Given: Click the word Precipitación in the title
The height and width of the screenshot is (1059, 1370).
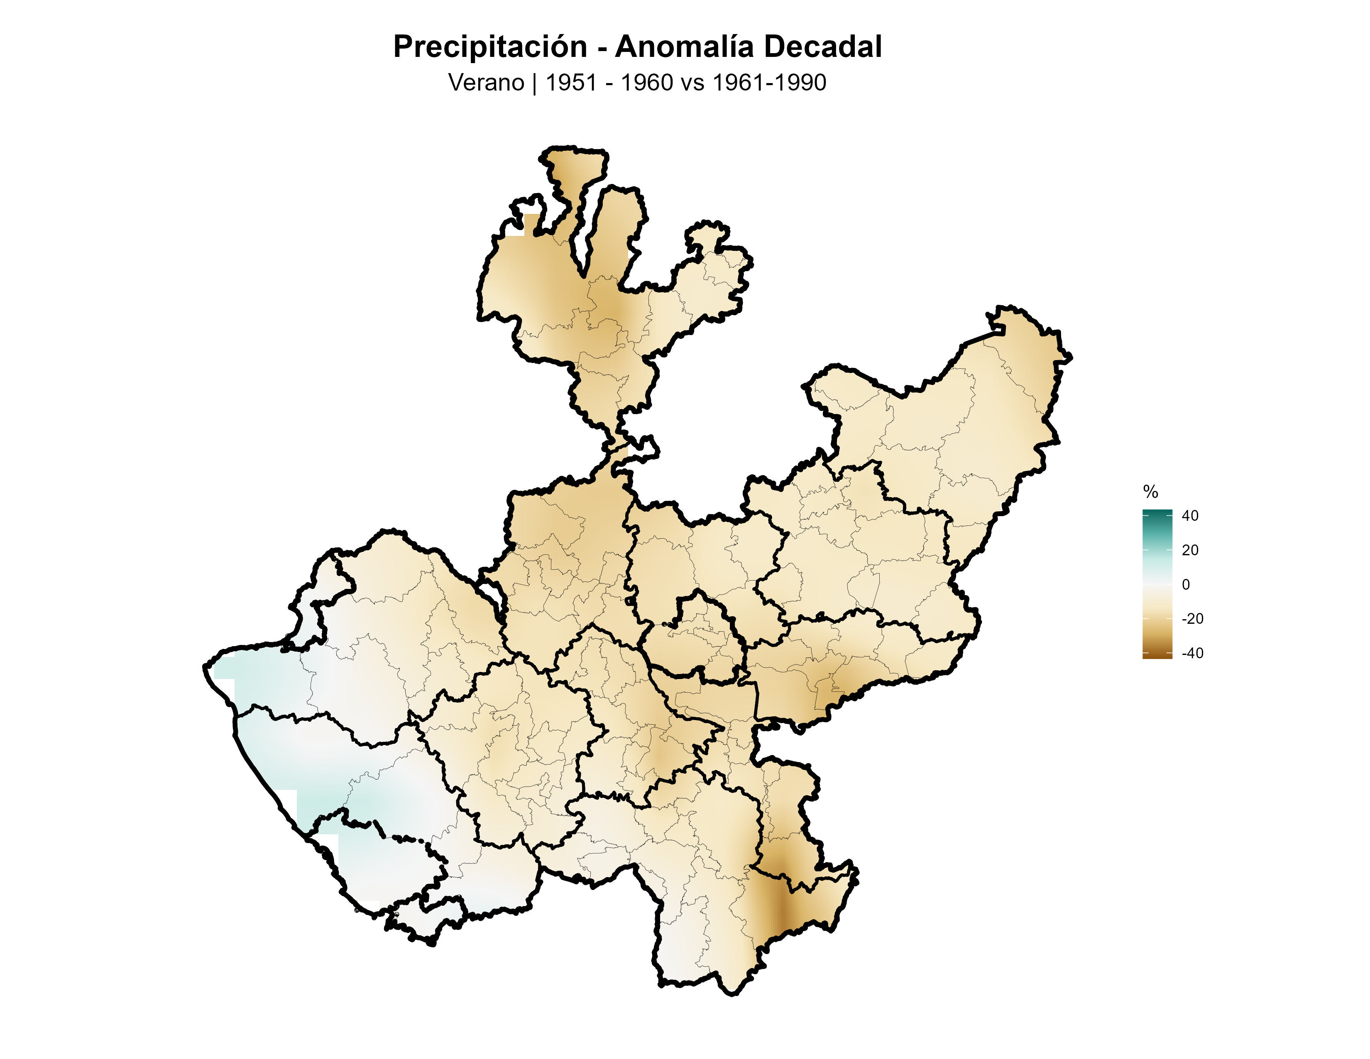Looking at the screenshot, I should click(x=490, y=47).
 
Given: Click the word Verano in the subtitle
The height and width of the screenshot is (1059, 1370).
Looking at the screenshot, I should click(x=486, y=83).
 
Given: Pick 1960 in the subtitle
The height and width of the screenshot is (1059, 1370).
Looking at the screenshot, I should click(x=646, y=83).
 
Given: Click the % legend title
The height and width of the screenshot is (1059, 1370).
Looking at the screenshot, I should click(x=1150, y=492).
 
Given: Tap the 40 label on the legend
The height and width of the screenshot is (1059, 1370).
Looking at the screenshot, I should click(x=1190, y=516).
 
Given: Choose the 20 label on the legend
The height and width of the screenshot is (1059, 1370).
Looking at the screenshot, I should click(x=1190, y=550).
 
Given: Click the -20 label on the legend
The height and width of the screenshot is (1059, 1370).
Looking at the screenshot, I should click(x=1192, y=619).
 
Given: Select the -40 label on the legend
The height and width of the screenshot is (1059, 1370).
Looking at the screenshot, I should click(x=1192, y=653).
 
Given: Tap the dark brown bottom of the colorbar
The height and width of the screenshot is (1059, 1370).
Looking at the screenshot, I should click(x=1157, y=655).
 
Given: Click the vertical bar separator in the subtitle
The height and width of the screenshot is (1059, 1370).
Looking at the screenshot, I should click(x=534, y=83).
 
